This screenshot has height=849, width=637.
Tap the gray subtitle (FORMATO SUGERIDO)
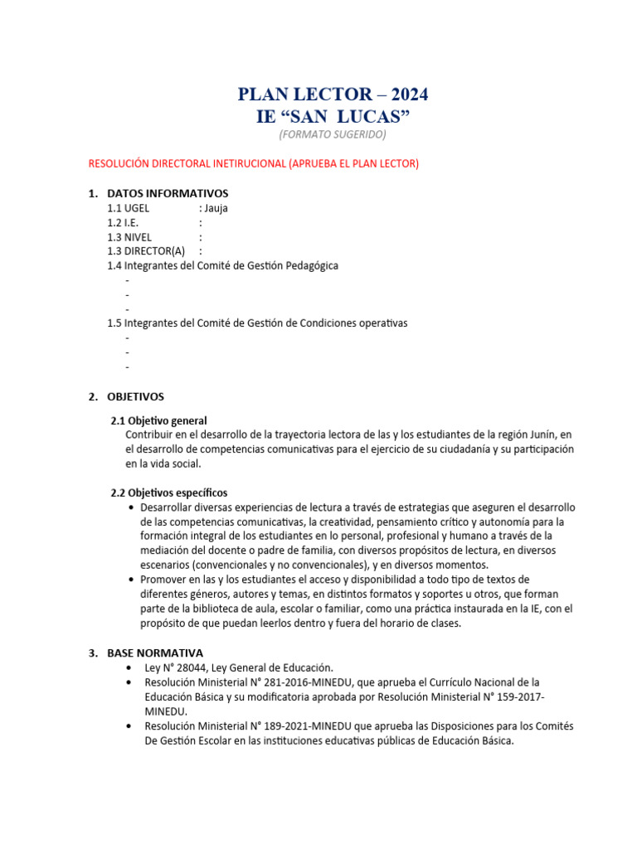coord(332,134)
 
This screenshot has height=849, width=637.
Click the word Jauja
coord(216,208)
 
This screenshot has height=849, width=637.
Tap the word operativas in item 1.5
coord(377,323)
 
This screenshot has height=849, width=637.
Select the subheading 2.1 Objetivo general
coord(158,420)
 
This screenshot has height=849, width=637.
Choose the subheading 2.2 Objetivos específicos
coord(169,492)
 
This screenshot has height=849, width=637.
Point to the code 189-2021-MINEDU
coord(287,725)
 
